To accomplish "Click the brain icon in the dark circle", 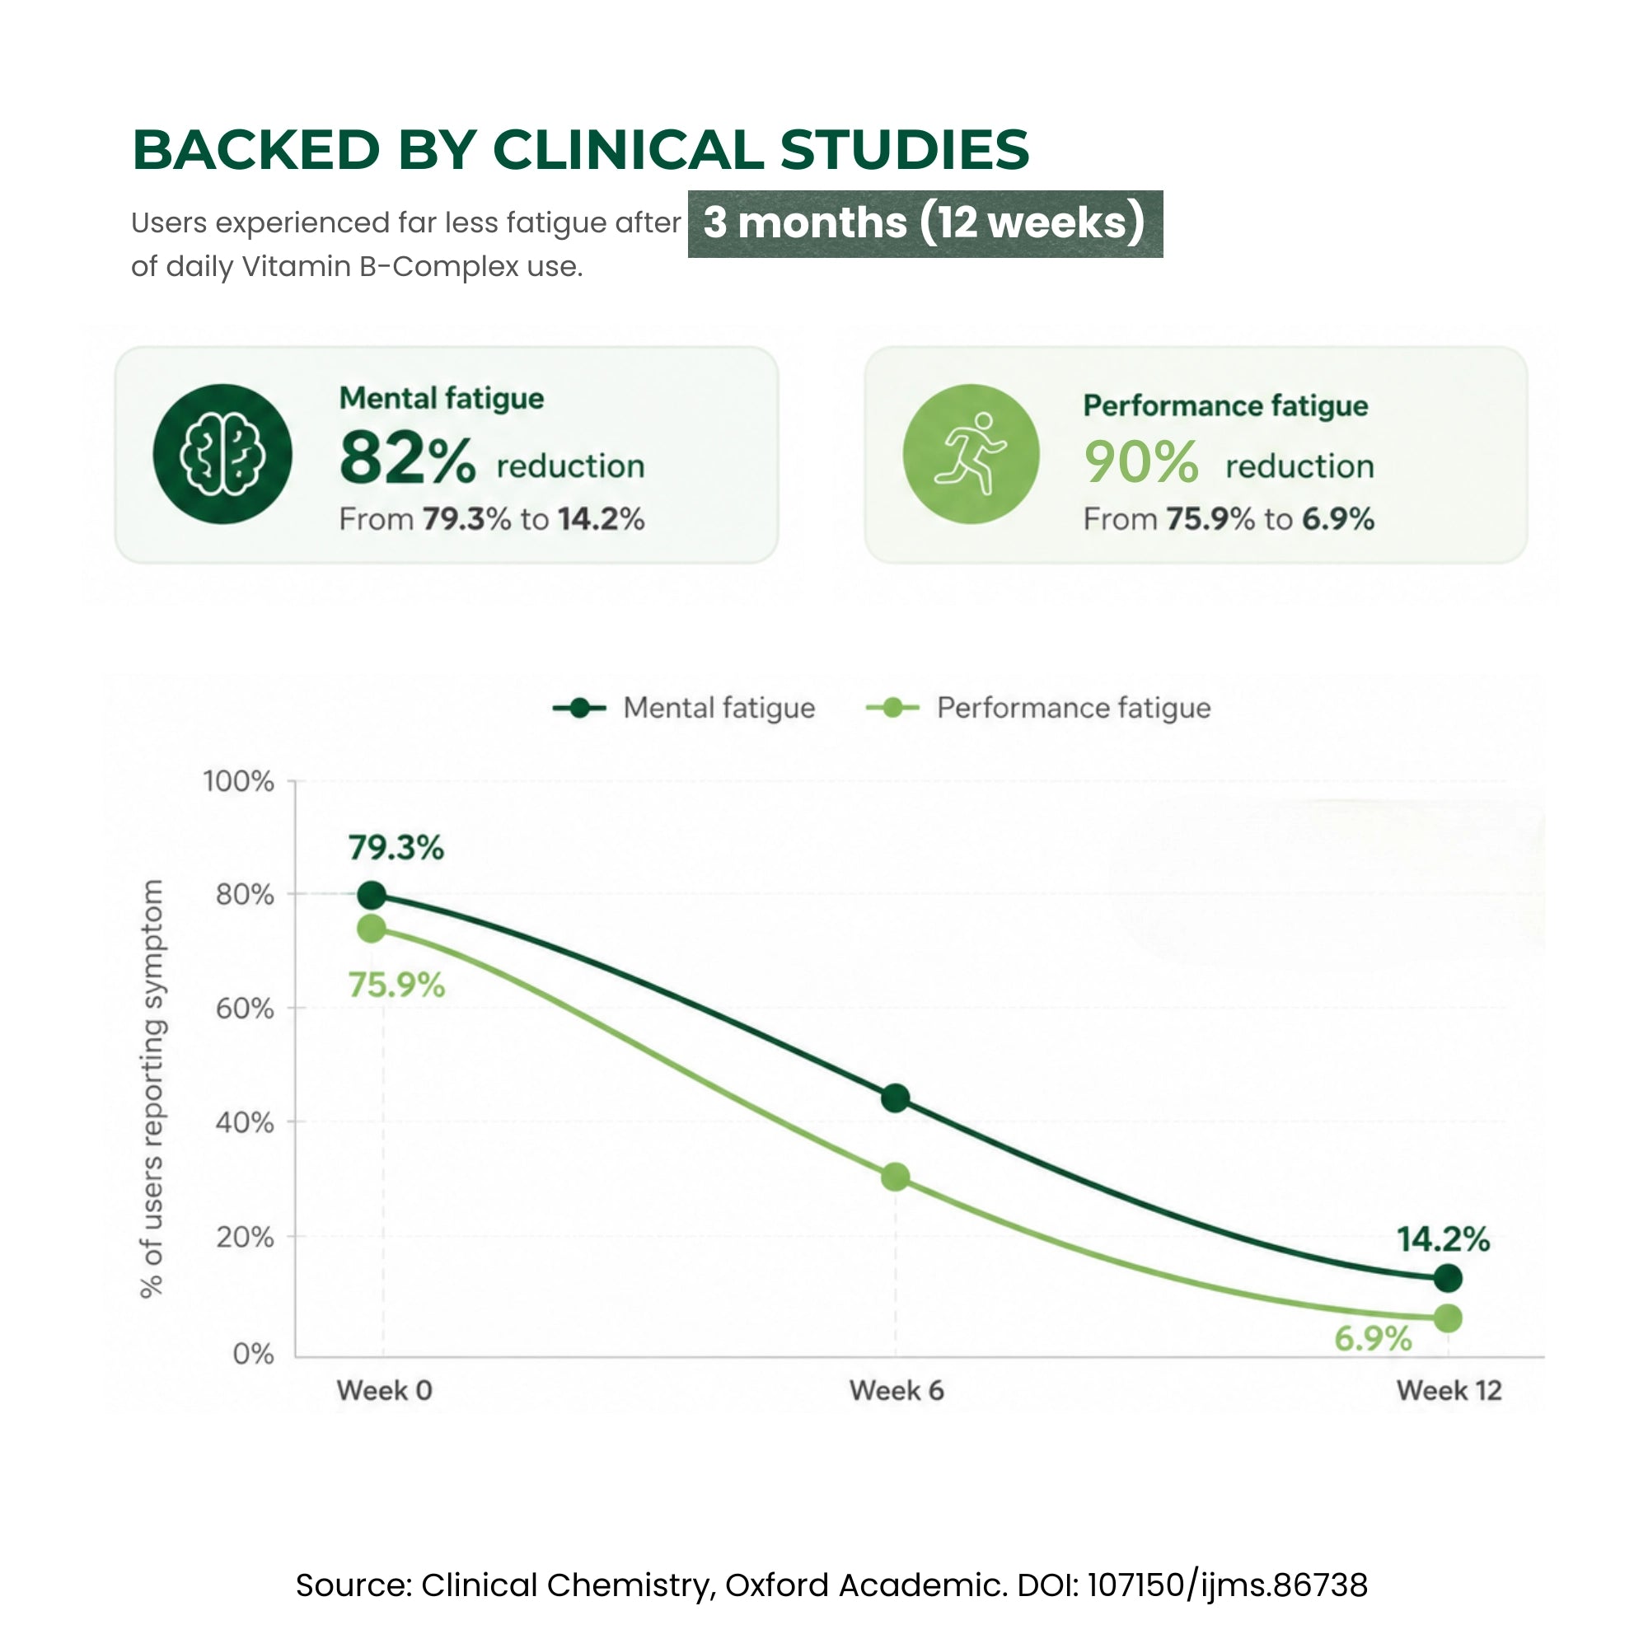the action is tap(222, 454).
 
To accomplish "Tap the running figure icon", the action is tap(971, 454).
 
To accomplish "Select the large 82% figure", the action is tap(407, 458).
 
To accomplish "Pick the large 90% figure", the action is tap(1141, 461).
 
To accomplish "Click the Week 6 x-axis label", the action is tap(897, 1391).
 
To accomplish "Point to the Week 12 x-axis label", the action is tap(1449, 1391).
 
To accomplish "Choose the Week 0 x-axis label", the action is tap(385, 1391).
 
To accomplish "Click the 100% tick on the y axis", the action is tap(238, 781).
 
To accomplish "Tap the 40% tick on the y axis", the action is tap(245, 1122).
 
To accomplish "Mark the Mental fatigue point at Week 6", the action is tap(895, 1098).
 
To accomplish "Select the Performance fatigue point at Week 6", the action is tap(895, 1177).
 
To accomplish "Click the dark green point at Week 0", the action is tap(371, 896).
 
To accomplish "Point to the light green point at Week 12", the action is tap(1448, 1318).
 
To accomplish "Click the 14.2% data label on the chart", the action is tap(1443, 1239).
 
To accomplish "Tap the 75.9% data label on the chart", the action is tap(396, 986).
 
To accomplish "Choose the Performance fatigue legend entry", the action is tap(1038, 708).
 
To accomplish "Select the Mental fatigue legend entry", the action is tap(684, 708).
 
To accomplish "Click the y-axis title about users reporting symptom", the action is tap(152, 1089).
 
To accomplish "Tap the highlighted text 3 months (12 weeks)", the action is tap(925, 223).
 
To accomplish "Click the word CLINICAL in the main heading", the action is tap(628, 150).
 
